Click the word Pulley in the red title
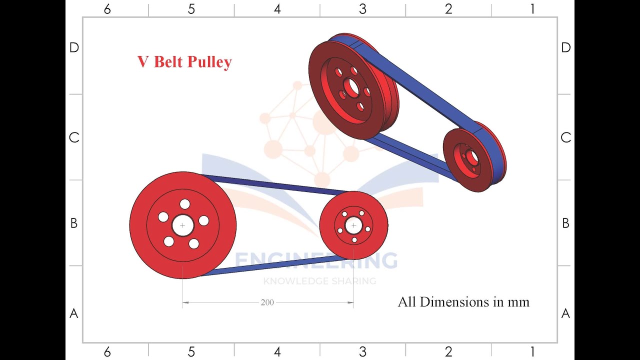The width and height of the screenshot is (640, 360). click(x=209, y=62)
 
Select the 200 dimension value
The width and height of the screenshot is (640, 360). click(x=267, y=302)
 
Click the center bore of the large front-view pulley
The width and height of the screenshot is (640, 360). click(x=182, y=225)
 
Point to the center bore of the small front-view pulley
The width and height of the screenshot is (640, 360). click(x=354, y=225)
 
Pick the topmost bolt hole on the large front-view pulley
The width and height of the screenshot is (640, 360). click(x=185, y=204)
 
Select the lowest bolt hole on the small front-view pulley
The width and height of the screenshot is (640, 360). click(x=354, y=240)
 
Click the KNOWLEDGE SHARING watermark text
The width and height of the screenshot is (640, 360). click(x=319, y=281)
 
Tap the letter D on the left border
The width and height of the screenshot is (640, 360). click(x=74, y=47)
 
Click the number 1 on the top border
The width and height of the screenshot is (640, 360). click(x=532, y=9)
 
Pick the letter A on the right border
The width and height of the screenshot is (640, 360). click(x=565, y=313)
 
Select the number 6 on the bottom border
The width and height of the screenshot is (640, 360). click(x=107, y=352)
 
